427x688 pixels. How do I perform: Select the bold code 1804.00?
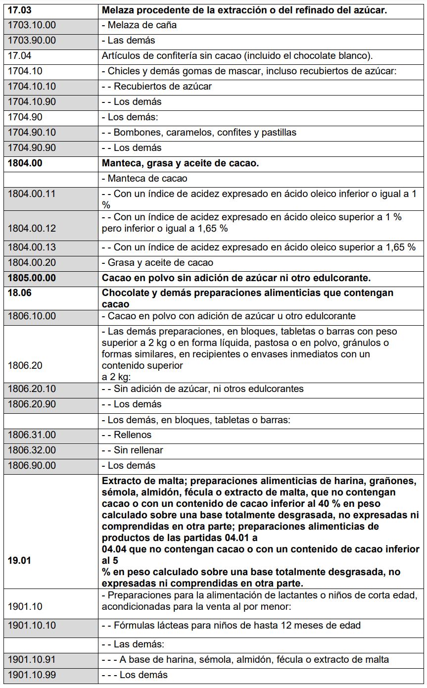click(24, 163)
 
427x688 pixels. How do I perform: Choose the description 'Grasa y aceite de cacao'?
click(160, 262)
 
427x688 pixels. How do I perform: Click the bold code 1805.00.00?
click(32, 278)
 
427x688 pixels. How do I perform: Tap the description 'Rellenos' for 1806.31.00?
click(133, 435)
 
